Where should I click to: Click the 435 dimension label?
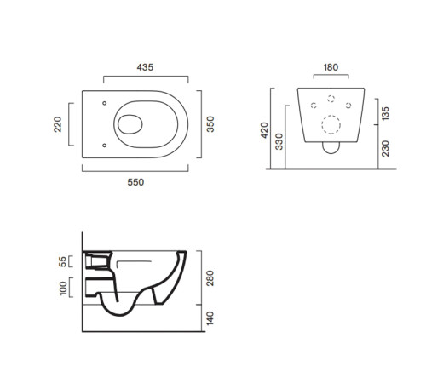(145, 67)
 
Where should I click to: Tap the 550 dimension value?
(135, 182)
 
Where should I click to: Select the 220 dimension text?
(57, 124)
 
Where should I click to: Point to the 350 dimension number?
(210, 124)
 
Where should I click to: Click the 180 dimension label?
(331, 67)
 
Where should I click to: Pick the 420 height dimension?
(264, 130)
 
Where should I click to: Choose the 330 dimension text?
(279, 141)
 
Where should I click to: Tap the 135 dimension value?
(385, 113)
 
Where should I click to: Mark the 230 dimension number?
(385, 148)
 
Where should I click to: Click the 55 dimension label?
(63, 261)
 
